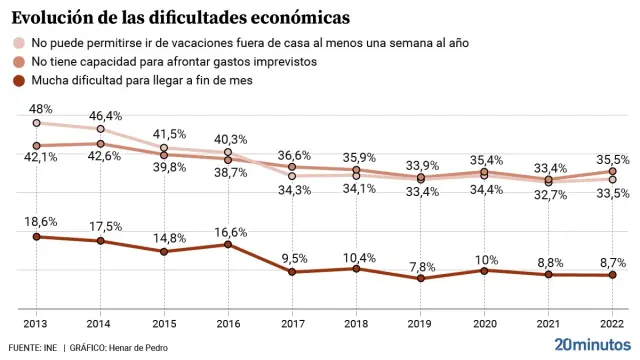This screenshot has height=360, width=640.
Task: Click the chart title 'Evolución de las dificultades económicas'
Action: coord(180,18)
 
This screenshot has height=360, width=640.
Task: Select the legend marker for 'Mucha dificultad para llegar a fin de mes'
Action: coord(18,80)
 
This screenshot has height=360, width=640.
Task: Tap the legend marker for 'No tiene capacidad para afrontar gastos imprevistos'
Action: coord(18,62)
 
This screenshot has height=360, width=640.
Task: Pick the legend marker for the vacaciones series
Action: coord(18,44)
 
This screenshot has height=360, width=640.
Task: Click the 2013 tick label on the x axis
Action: coord(36,325)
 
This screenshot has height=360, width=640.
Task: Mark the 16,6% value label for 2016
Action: coord(230,231)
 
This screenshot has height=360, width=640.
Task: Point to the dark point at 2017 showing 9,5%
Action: coord(292,272)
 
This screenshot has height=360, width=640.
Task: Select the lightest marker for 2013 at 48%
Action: coord(36,123)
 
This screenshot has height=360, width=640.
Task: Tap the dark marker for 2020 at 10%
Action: coord(485,270)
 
